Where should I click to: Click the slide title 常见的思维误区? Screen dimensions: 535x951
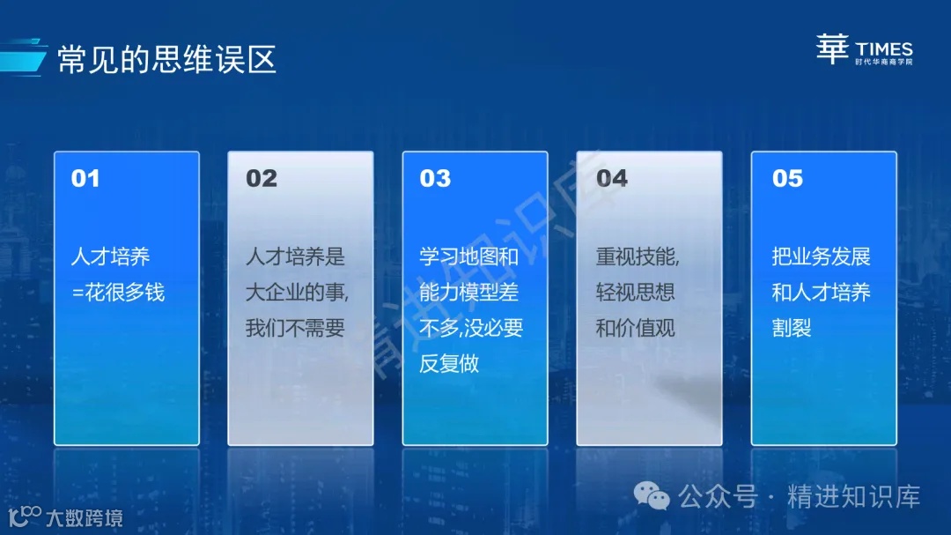[x=166, y=60]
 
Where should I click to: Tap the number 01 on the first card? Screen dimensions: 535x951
[x=85, y=179]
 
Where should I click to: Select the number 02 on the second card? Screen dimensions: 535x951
[x=261, y=179]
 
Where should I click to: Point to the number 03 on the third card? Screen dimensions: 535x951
[x=435, y=179]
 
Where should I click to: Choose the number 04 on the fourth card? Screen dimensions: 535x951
[x=612, y=179]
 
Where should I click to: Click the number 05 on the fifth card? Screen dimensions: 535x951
[x=787, y=179]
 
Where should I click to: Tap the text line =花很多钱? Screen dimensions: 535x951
[x=118, y=293]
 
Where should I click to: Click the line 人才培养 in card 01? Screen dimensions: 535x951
[x=110, y=257]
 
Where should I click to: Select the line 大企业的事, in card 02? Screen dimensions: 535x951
[x=297, y=293]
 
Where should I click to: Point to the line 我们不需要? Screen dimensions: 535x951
[x=295, y=328]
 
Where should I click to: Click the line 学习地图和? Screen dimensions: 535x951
[x=469, y=257]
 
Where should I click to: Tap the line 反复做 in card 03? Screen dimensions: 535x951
[x=449, y=363]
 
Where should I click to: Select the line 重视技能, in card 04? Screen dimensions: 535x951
[x=638, y=257]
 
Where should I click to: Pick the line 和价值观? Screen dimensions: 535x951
[x=635, y=328]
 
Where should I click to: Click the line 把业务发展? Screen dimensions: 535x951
[x=821, y=257]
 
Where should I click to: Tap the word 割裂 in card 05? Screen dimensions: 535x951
[x=792, y=328]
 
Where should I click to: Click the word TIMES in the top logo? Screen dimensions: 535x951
[x=884, y=49]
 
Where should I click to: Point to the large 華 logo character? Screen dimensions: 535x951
[x=832, y=50]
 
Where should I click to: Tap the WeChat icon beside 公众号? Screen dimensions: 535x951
[x=652, y=498]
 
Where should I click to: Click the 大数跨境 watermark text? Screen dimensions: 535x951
[x=85, y=517]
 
